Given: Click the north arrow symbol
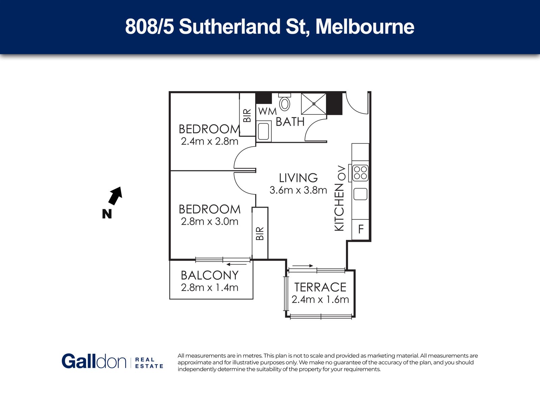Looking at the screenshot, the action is (115, 195).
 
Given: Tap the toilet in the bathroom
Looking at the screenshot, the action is (285, 102).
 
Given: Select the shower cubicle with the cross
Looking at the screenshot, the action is (314, 104).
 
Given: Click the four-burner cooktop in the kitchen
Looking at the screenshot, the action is (360, 173).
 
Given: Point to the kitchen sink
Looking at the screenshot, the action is (360, 194).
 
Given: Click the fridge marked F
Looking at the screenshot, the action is (361, 230).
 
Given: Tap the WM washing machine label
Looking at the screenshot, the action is (267, 111).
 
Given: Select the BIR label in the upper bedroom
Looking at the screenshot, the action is (247, 115).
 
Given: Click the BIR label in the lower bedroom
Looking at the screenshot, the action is (260, 233).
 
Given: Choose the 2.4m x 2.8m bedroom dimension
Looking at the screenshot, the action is (210, 141).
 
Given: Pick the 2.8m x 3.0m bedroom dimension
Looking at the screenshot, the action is (210, 221).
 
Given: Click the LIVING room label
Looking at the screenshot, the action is (298, 178).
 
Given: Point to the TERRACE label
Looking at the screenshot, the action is (320, 287).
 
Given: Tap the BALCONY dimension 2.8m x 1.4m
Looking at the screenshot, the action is (210, 288).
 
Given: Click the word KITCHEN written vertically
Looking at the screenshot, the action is (339, 208).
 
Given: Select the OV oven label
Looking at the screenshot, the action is (342, 173).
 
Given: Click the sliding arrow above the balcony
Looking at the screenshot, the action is (237, 265).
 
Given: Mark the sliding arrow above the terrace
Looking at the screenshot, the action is (303, 266).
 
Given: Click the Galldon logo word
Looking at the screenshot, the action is (94, 361).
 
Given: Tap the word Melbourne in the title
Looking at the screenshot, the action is (365, 27).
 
